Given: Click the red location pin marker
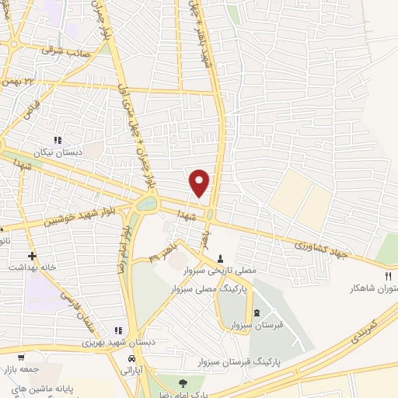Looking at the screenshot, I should [200, 182].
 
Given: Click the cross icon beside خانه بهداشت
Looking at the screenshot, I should [32, 255].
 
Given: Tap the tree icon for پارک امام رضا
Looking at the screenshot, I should [183, 382].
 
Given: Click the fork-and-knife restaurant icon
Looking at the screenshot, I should [389, 275].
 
